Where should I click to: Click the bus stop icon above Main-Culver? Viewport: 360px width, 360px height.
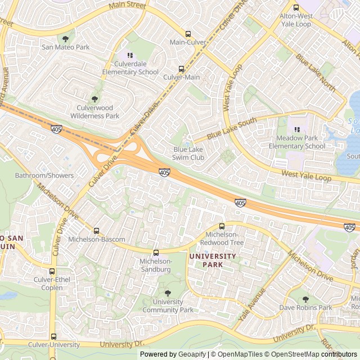coord(188,34)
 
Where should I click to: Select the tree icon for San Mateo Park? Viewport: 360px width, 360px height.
coord(66,39)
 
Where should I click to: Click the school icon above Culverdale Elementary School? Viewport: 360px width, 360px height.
coord(129,55)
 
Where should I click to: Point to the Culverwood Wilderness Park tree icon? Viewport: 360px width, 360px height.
coord(94,98)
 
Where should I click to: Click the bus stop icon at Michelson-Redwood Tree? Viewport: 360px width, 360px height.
coord(222,226)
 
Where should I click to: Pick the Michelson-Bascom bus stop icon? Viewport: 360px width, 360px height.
coord(96,231)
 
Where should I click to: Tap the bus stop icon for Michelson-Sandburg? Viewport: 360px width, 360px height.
coord(156,253)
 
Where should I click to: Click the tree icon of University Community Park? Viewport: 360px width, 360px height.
coord(167,292)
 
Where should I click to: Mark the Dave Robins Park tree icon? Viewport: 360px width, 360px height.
coord(306,299)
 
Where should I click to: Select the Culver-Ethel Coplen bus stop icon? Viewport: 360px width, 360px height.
coord(52,271)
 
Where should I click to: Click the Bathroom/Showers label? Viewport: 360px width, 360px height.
coord(44,175)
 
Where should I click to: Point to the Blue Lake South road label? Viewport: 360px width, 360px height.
coord(231,129)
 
